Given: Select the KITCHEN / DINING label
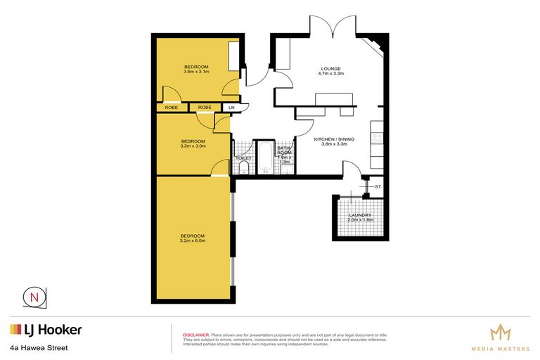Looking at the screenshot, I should point(338,139).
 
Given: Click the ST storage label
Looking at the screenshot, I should point(377,186).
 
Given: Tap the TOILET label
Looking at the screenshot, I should point(243,159).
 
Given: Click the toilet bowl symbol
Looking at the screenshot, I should point(243,167).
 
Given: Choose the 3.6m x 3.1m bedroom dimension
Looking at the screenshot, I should point(196,72).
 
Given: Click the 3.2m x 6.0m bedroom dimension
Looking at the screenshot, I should point(192,240).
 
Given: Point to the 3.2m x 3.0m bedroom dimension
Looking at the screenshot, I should point(193,146).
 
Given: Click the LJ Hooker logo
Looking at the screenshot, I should point(46,329).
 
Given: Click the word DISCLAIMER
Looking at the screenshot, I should point(195,335).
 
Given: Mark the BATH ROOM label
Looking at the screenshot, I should point(284,153).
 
